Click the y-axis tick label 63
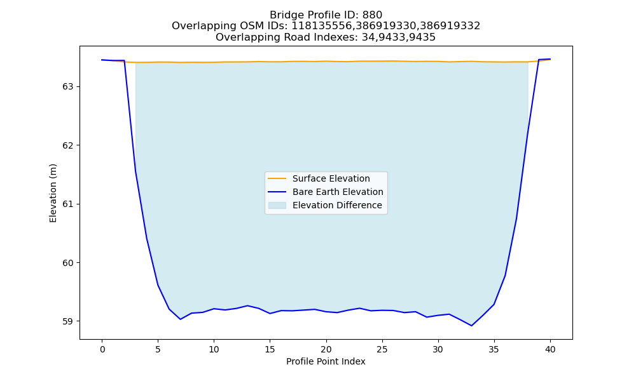pyautogui.click(x=68, y=86)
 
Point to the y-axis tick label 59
pyautogui.click(x=68, y=321)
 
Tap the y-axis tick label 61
pyautogui.click(x=68, y=204)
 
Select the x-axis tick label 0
pyautogui.click(x=102, y=349)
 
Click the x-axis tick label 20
pyautogui.click(x=326, y=349)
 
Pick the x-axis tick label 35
pyautogui.click(x=494, y=349)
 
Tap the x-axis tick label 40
pyautogui.click(x=550, y=349)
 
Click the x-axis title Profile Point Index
pyautogui.click(x=326, y=361)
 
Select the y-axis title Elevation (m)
pyautogui.click(x=53, y=193)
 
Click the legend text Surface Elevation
pyautogui.click(x=331, y=178)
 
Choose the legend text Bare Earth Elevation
pyautogui.click(x=338, y=192)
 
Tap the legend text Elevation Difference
pyautogui.click(x=337, y=205)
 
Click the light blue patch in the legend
pyautogui.click(x=277, y=205)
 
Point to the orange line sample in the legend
pyautogui.click(x=277, y=178)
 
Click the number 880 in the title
pyautogui.click(x=372, y=15)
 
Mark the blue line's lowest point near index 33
pyautogui.click(x=471, y=326)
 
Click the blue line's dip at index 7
pyautogui.click(x=180, y=319)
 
